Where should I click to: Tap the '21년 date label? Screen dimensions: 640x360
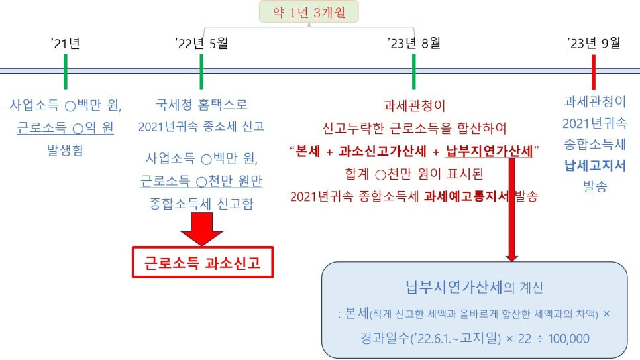(x=65, y=44)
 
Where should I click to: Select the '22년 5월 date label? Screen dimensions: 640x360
(x=201, y=44)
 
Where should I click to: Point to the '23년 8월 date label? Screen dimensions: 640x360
(x=413, y=44)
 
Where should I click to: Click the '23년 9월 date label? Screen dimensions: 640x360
(x=594, y=44)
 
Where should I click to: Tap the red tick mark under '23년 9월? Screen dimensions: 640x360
(x=594, y=71)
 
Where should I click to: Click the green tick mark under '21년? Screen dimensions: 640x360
(x=66, y=71)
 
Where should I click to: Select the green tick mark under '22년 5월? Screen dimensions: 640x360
(x=201, y=71)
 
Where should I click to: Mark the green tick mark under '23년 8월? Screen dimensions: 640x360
(x=413, y=71)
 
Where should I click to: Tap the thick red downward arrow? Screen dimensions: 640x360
(x=202, y=229)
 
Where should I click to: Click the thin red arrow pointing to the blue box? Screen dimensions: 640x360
(x=511, y=212)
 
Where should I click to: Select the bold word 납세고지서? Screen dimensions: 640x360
(x=594, y=166)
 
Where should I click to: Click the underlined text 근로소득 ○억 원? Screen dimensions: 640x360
(x=65, y=127)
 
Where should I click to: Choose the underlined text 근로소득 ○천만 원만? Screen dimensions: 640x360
(x=201, y=182)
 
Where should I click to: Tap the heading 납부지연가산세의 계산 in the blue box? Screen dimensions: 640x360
(x=474, y=288)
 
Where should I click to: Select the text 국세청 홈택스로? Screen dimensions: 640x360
(x=201, y=105)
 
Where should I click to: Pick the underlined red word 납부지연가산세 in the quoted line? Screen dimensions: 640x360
(x=489, y=151)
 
